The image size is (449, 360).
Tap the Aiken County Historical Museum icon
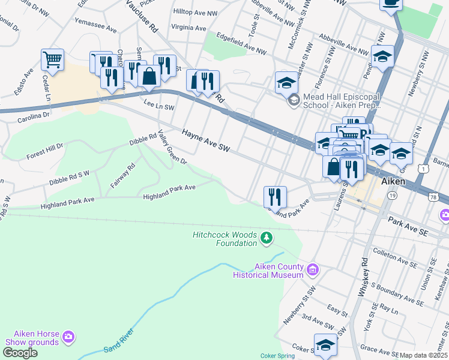(x=312, y=270)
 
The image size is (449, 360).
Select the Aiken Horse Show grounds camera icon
(x=68, y=337)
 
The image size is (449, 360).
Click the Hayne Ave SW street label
(x=206, y=139)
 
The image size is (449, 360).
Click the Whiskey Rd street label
(x=363, y=277)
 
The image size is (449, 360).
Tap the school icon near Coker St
(x=325, y=345)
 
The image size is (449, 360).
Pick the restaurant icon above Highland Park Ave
(x=275, y=196)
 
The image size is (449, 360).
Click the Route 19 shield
(x=392, y=196)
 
